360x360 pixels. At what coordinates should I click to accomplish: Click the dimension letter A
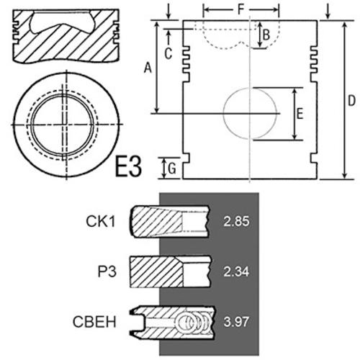(x=148, y=68)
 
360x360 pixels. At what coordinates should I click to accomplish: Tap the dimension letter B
(x=266, y=35)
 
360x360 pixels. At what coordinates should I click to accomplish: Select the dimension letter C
(x=168, y=53)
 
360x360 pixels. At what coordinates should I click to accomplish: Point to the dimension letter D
(x=351, y=101)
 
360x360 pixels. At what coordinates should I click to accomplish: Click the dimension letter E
(x=300, y=114)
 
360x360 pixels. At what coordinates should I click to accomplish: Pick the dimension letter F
(x=240, y=10)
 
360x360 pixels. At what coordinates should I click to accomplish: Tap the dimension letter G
(x=172, y=168)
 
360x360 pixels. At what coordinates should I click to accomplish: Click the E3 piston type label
(x=128, y=166)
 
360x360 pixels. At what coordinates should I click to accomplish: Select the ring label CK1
(x=101, y=221)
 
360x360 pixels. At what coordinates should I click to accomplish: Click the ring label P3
(x=107, y=272)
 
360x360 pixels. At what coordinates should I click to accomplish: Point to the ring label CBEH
(x=94, y=322)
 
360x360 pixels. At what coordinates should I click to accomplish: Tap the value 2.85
(x=236, y=221)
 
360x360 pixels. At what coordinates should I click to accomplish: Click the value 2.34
(x=236, y=272)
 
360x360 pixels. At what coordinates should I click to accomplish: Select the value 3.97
(x=236, y=322)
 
